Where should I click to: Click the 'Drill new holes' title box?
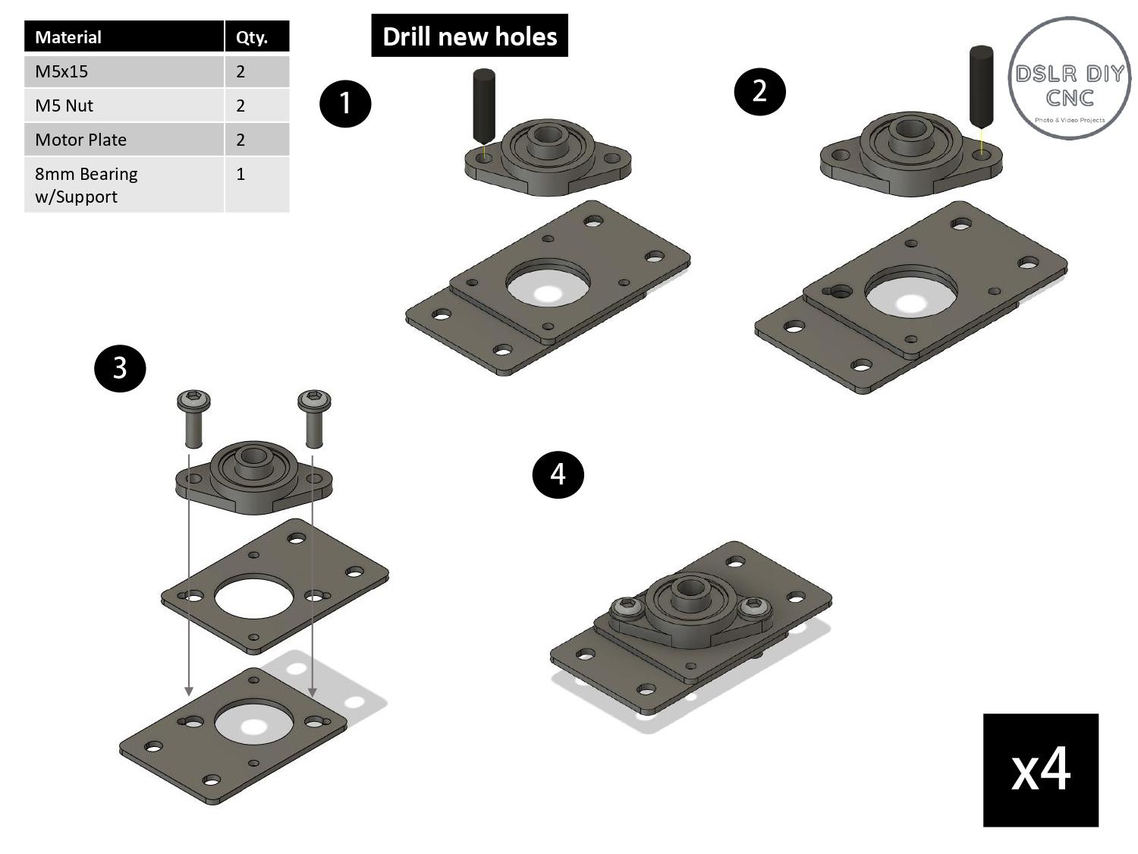[x=469, y=36]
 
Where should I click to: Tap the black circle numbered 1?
[x=345, y=102]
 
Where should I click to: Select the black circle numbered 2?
[x=759, y=92]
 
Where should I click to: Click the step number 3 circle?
[x=120, y=368]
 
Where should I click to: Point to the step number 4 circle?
[x=558, y=474]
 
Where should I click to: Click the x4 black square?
[x=1040, y=770]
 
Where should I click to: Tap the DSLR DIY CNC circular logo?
[x=1069, y=79]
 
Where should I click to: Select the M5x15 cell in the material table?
[x=124, y=71]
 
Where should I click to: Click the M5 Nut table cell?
[x=124, y=106]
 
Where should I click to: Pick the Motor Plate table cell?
[x=124, y=140]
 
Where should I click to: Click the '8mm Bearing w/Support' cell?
[x=124, y=184]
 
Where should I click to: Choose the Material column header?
[x=124, y=37]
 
